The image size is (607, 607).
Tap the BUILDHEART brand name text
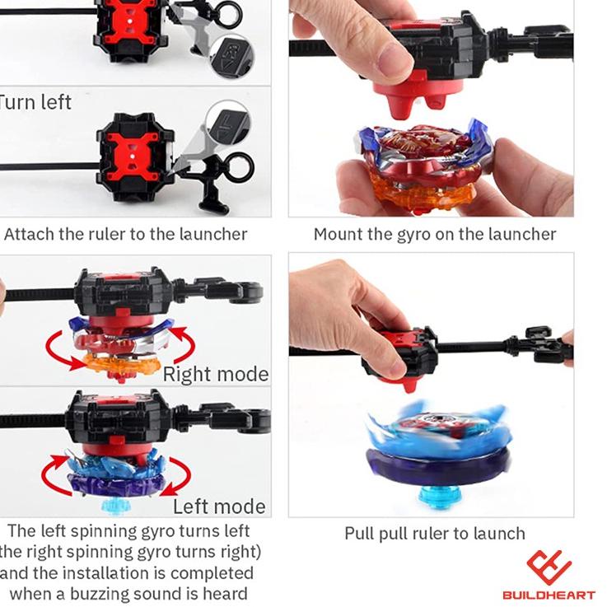tap(549, 595)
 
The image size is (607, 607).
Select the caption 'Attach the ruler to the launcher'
tap(125, 234)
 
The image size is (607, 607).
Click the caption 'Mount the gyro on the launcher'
tap(434, 234)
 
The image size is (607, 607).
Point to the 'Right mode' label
tap(215, 375)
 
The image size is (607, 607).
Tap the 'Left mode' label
tap(219, 507)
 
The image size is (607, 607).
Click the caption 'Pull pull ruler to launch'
tap(434, 534)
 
